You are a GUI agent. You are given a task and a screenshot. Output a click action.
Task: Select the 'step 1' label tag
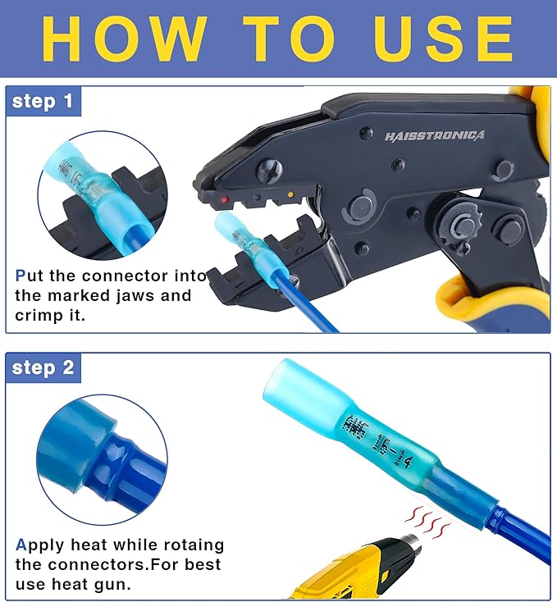[x=43, y=102]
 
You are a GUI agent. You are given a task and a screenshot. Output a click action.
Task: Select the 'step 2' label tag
[x=43, y=368]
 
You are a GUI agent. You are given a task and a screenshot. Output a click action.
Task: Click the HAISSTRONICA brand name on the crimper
[x=434, y=135]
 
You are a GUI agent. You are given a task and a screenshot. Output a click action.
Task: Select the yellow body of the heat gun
[x=345, y=577]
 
